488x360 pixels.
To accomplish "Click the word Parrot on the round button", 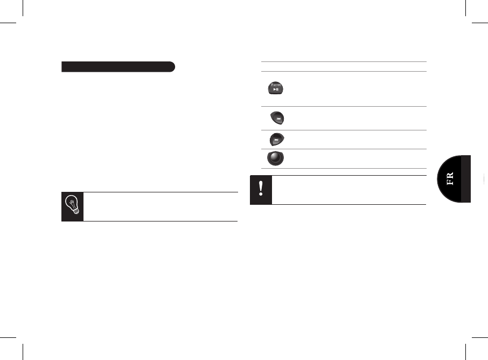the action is click(x=276, y=85).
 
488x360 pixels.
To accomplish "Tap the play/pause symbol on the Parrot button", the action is click(x=276, y=89).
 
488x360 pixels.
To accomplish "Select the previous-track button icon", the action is click(x=277, y=118).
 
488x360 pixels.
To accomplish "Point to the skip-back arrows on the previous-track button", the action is click(x=278, y=119).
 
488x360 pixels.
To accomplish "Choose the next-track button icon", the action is click(x=277, y=139).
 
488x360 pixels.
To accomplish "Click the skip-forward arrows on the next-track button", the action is click(x=276, y=140).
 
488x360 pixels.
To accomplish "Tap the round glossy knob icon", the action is click(x=275, y=158).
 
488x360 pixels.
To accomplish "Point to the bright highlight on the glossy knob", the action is click(x=273, y=155).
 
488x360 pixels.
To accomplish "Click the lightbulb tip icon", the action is click(x=72, y=205).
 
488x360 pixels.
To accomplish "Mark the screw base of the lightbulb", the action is click(x=76, y=211).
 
